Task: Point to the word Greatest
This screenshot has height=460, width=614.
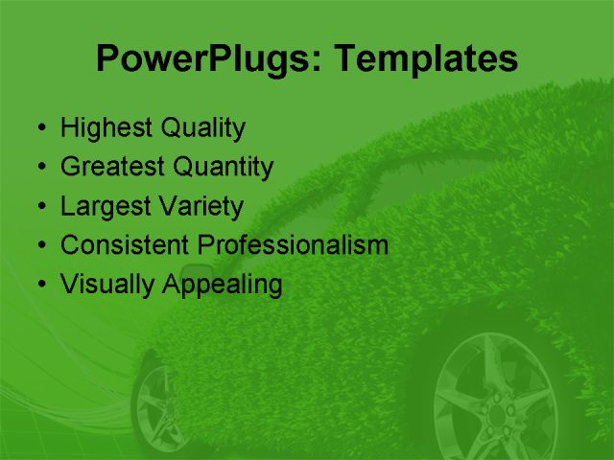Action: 112,167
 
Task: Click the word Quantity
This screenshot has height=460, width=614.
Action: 224,168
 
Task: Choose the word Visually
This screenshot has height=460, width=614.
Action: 104,285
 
